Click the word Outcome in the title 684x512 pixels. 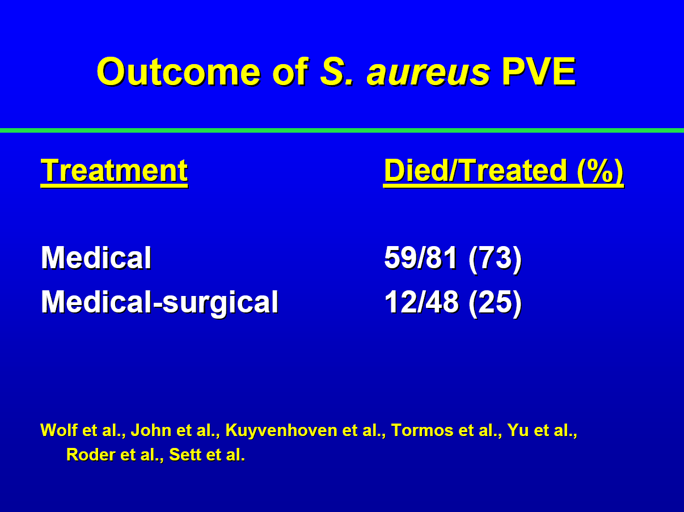click(179, 72)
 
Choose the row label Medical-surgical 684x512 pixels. click(159, 303)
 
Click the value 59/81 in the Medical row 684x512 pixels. click(421, 258)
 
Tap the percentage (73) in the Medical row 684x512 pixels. click(495, 259)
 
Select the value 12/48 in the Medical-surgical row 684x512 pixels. click(421, 302)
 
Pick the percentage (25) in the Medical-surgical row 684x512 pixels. click(495, 303)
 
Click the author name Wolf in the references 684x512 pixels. click(59, 430)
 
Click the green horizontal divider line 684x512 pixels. click(342, 130)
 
